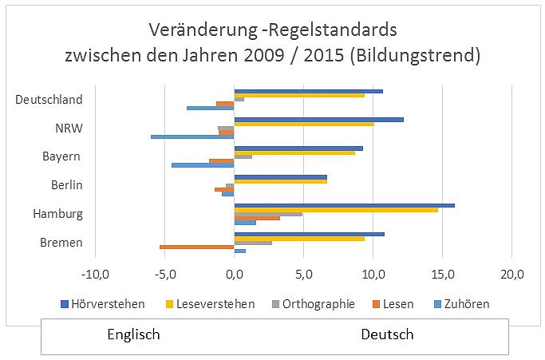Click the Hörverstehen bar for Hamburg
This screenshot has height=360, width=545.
tap(344, 205)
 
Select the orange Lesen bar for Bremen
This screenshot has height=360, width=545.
tap(197, 247)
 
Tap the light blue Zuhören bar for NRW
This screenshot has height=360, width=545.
tap(192, 136)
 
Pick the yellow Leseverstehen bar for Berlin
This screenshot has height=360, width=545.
tap(280, 181)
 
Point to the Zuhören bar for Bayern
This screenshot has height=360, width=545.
tap(203, 165)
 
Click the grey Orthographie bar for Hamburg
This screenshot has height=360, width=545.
tap(268, 214)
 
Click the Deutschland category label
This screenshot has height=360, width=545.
tap(49, 100)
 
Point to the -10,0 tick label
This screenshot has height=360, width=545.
tap(95, 275)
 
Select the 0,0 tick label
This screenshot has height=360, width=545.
tap(234, 275)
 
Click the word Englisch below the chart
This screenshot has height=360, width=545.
tap(133, 334)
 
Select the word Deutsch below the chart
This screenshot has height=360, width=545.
tap(387, 334)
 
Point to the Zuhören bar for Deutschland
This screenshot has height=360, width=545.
tap(210, 108)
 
